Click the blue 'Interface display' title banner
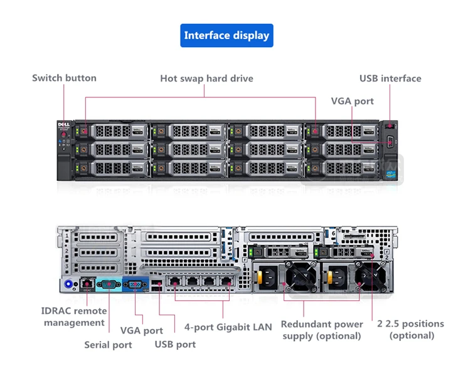[x=226, y=35]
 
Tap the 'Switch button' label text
[x=64, y=79]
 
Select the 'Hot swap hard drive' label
[x=206, y=79]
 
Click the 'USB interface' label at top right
[x=390, y=79]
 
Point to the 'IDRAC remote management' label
[x=74, y=317]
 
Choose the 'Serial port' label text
[x=108, y=345]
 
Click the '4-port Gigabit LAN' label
[x=228, y=327]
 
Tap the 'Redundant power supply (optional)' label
[x=321, y=330]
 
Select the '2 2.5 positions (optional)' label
[x=411, y=330]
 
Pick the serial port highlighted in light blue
[x=109, y=284]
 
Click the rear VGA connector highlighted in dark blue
[x=134, y=284]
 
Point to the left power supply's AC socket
[x=267, y=276]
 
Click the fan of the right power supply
[x=369, y=276]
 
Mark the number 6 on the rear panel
[x=333, y=232]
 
